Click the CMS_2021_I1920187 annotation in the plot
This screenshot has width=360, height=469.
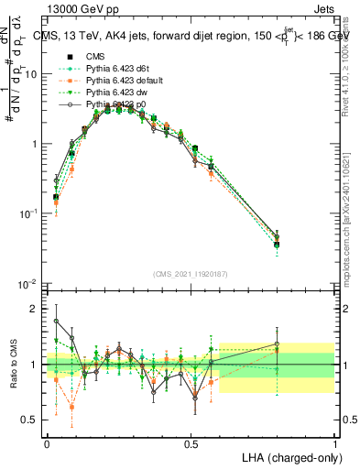tap(191, 275)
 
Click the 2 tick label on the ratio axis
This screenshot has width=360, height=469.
tap(36, 309)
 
